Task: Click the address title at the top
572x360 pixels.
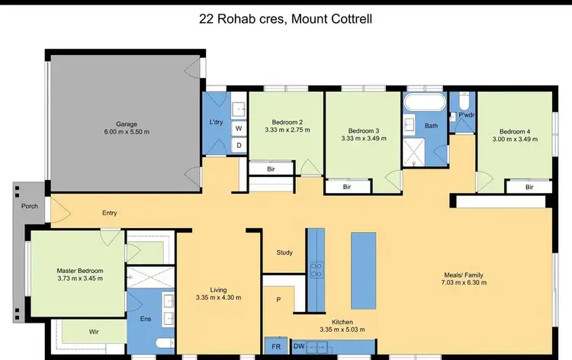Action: click(285, 18)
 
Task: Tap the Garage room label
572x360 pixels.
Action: click(127, 124)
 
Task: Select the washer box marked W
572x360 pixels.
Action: click(238, 129)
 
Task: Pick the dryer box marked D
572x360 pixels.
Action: click(238, 144)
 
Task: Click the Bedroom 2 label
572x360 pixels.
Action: click(287, 122)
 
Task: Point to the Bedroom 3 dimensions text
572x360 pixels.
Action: click(363, 138)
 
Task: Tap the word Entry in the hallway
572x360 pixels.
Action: click(110, 213)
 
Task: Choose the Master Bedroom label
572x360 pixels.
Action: click(79, 271)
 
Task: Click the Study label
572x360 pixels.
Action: click(284, 252)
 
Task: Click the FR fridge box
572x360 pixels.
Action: click(276, 347)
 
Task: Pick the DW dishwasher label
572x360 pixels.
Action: click(300, 347)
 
